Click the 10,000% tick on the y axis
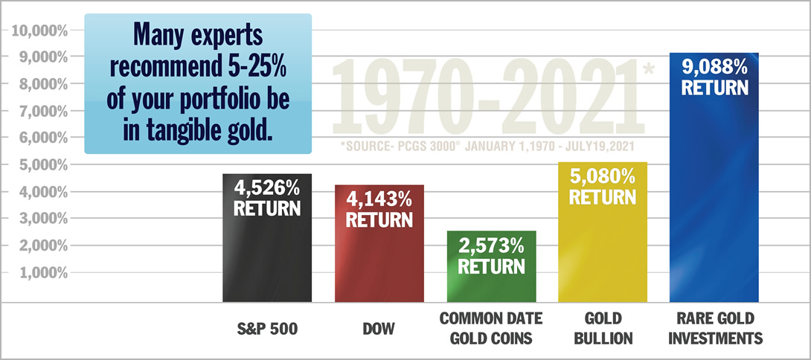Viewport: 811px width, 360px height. tap(37, 30)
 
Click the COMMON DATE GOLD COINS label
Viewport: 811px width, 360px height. tap(491, 328)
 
